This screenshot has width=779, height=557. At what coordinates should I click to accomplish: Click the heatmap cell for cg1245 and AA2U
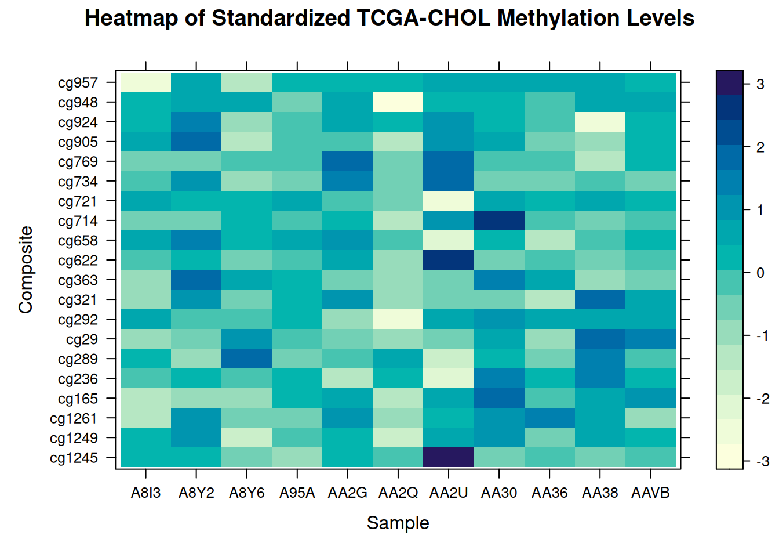pyautogui.click(x=449, y=457)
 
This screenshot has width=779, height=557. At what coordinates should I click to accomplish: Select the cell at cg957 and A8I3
pyautogui.click(x=145, y=82)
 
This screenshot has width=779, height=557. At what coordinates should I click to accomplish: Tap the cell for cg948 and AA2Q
pyautogui.click(x=398, y=102)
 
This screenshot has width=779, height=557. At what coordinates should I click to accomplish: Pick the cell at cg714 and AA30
pyautogui.click(x=499, y=220)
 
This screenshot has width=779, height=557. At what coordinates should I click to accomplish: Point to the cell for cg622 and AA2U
pyautogui.click(x=449, y=260)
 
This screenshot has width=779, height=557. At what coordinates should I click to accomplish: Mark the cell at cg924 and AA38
pyautogui.click(x=600, y=122)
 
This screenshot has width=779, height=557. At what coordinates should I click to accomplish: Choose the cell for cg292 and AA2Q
pyautogui.click(x=398, y=319)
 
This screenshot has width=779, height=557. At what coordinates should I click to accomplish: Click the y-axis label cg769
pyautogui.click(x=78, y=162)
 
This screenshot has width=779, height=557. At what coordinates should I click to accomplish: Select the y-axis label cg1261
pyautogui.click(x=74, y=418)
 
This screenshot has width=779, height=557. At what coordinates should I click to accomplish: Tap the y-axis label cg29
pyautogui.click(x=82, y=339)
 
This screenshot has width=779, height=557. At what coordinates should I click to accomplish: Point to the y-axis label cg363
pyautogui.click(x=78, y=280)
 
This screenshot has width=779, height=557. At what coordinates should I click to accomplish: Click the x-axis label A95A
pyautogui.click(x=297, y=493)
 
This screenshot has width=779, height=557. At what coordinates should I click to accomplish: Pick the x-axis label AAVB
pyautogui.click(x=650, y=493)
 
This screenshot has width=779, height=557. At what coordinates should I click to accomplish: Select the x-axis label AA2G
pyautogui.click(x=347, y=493)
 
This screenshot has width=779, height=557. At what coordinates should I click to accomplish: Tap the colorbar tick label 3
pyautogui.click(x=760, y=84)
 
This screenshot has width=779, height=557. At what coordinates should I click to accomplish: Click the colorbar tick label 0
pyautogui.click(x=760, y=273)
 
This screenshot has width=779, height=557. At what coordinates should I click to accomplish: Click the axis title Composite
pyautogui.click(x=26, y=270)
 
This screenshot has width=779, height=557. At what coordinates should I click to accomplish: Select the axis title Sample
pyautogui.click(x=398, y=523)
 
